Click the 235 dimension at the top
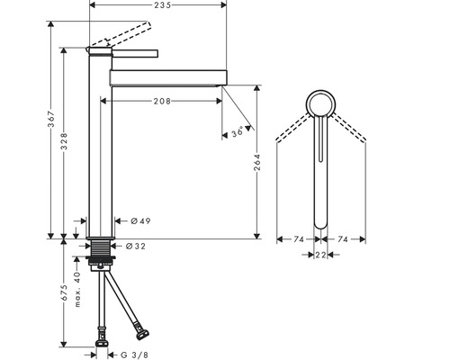[x=163, y=4]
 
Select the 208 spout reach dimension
[x=162, y=102]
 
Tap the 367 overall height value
[x=51, y=119]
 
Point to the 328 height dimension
[x=64, y=141]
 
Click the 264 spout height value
[x=257, y=162]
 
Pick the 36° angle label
[x=238, y=132]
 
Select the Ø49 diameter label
[x=140, y=221]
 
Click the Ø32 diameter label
[x=136, y=247]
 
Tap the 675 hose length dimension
[x=64, y=292]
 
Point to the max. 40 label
[x=77, y=290]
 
